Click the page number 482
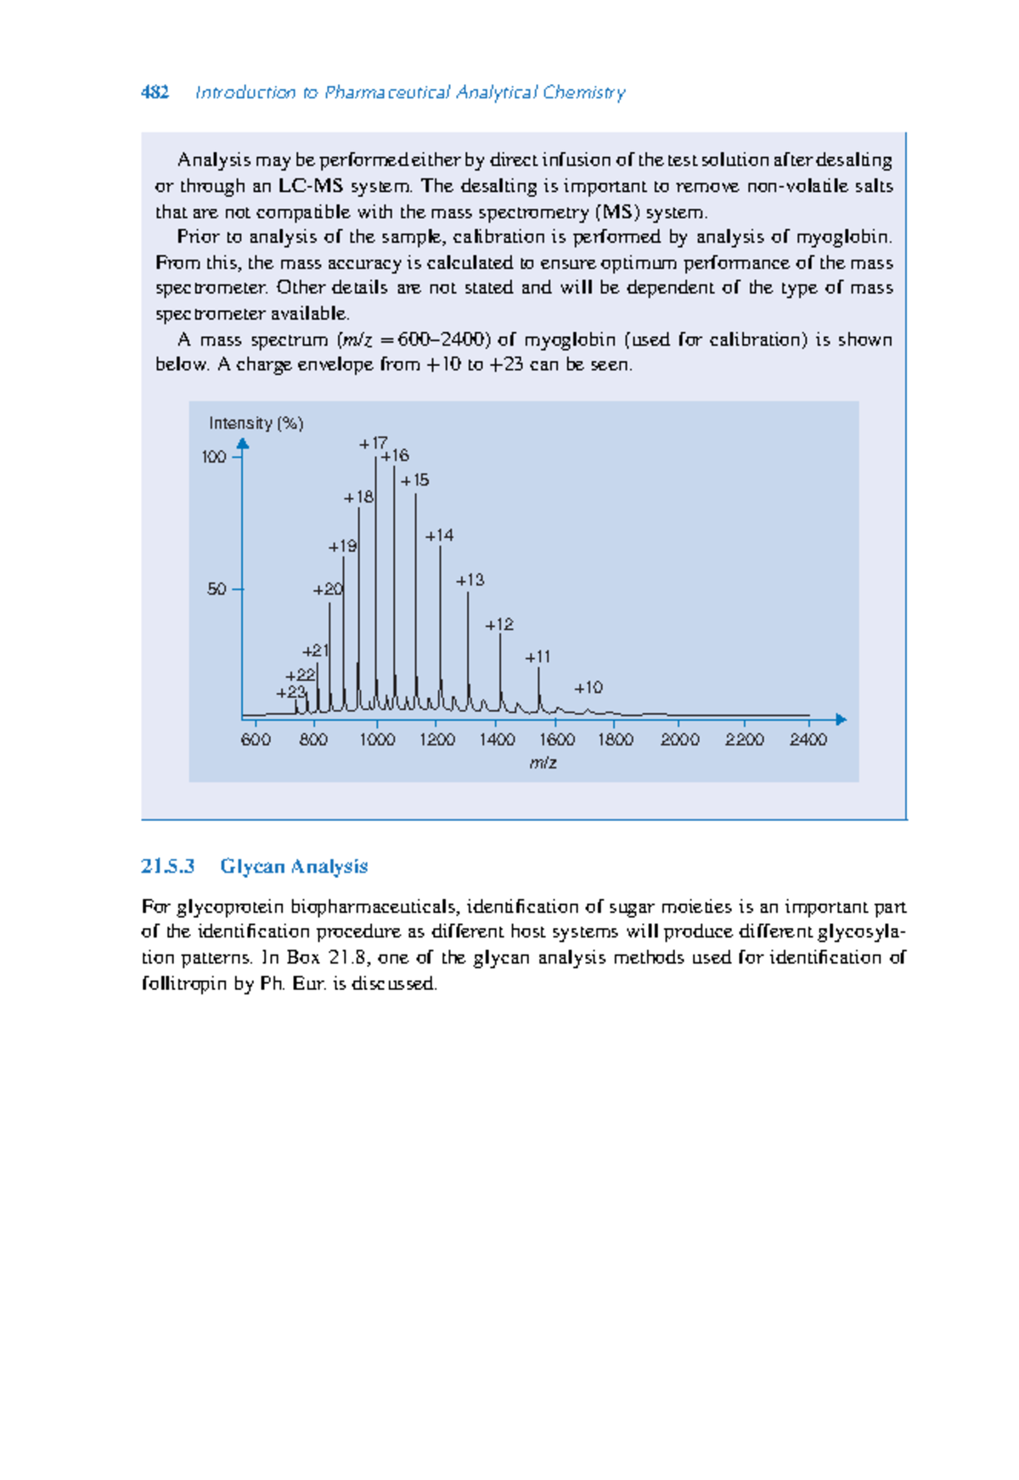155,93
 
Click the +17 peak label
373,442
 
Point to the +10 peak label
588,687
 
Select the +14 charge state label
439,535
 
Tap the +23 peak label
290,692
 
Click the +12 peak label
499,624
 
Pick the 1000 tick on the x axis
377,740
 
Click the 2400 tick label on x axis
808,740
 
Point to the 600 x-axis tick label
256,740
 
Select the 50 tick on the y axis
217,588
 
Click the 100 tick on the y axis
214,457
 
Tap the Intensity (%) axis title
256,423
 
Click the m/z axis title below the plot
543,763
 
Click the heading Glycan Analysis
294,866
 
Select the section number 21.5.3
168,866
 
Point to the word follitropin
184,984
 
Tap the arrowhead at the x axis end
841,719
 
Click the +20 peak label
328,588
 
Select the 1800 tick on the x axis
616,740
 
